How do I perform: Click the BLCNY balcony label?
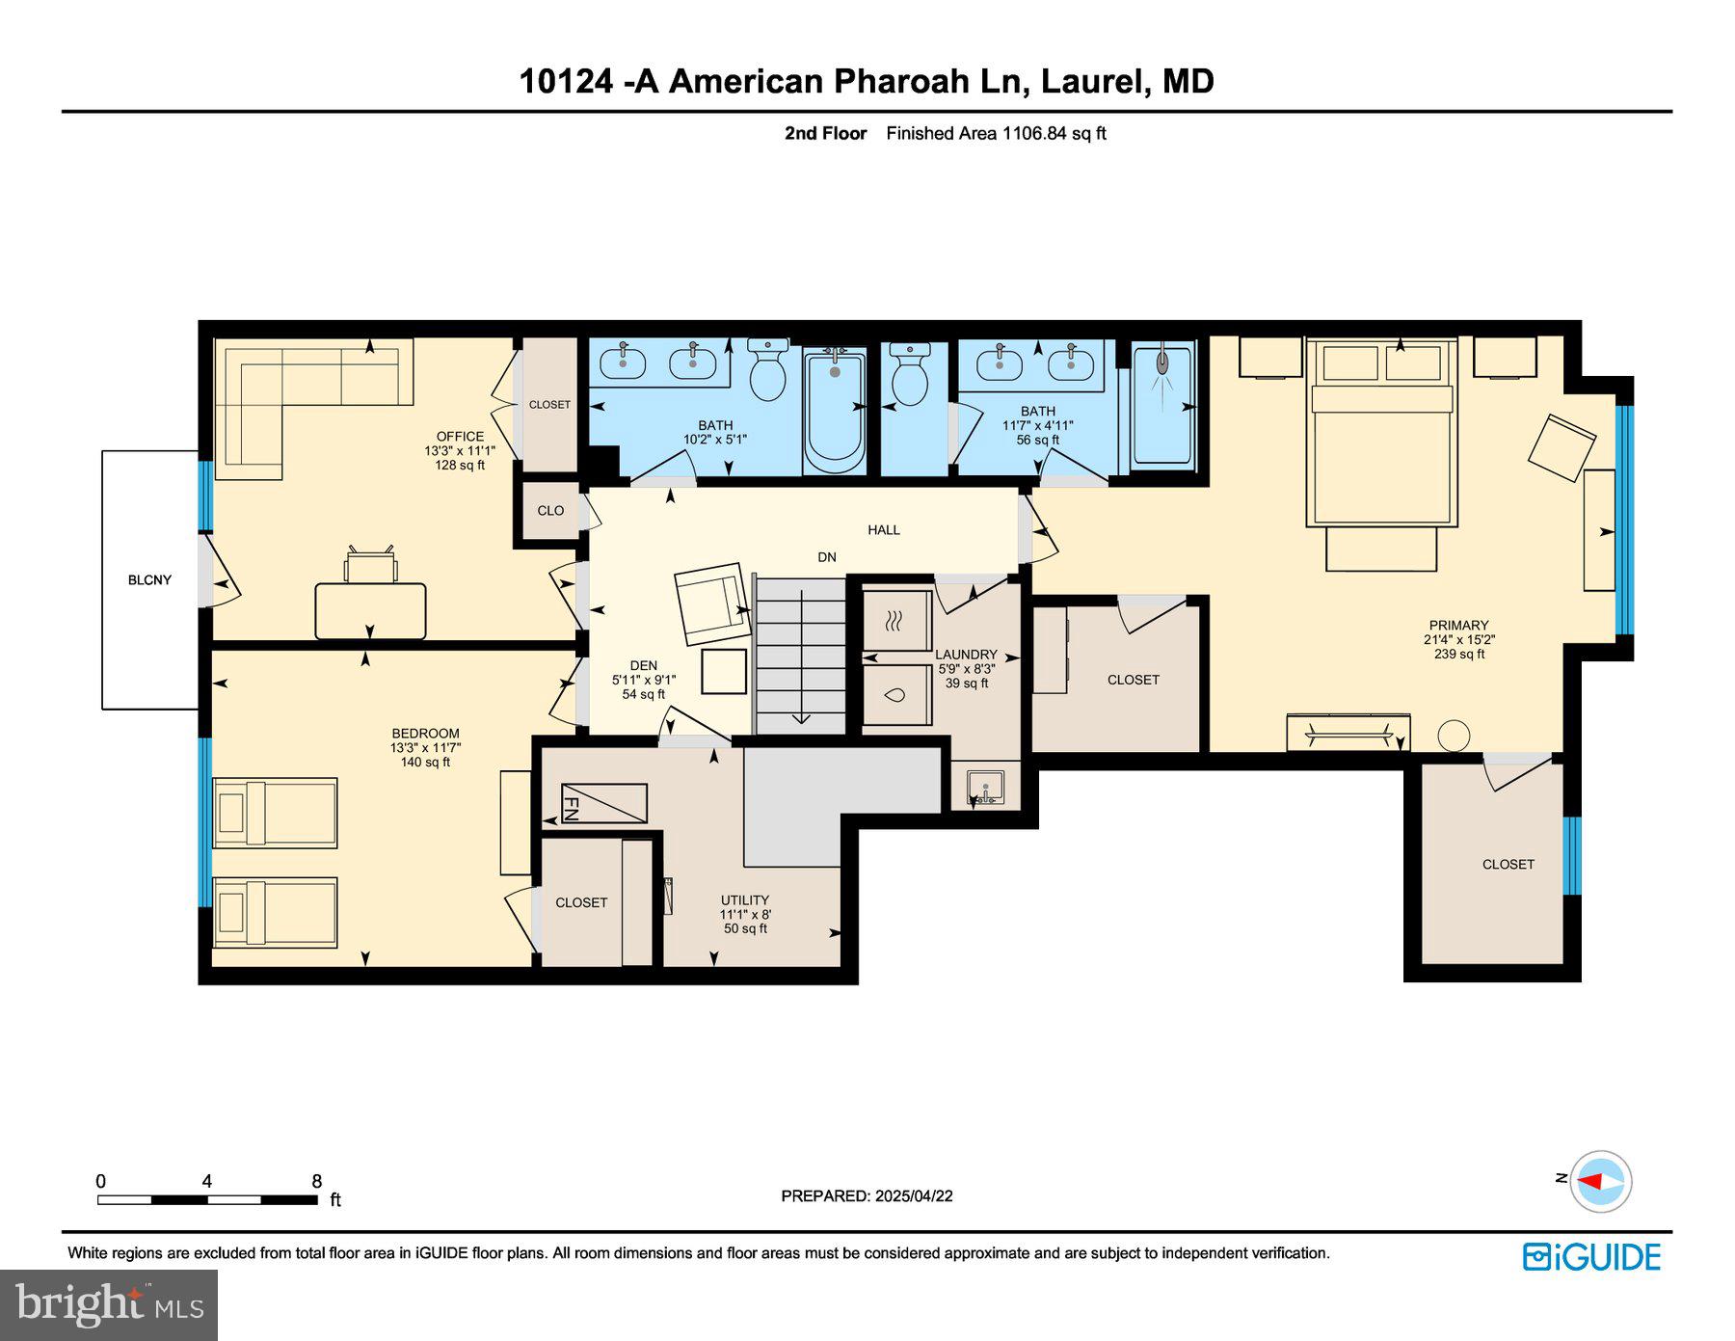[149, 579]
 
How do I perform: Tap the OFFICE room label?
[460, 436]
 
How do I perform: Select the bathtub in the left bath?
[834, 412]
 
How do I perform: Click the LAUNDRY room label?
[966, 655]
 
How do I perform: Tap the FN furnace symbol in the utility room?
[603, 803]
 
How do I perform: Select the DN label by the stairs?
[827, 557]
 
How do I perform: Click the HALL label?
[883, 529]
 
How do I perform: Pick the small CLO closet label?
[550, 511]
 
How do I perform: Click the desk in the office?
[370, 610]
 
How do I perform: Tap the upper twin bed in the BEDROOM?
[275, 813]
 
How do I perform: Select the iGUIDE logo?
[1591, 1257]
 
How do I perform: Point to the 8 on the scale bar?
[316, 1181]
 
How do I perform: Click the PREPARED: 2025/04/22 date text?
[867, 1195]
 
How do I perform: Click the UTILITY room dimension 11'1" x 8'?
[745, 914]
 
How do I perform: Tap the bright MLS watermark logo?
[109, 1305]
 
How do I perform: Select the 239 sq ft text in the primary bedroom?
[1458, 654]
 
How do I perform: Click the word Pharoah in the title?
[900, 81]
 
